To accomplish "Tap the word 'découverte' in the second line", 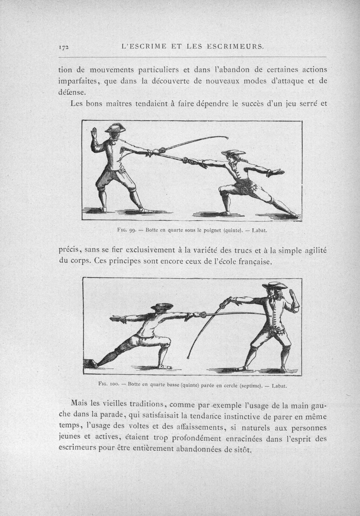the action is click(179, 81).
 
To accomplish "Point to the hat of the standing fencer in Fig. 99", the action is click(115, 128).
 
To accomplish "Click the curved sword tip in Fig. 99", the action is click(227, 138).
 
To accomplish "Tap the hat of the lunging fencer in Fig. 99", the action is click(233, 153).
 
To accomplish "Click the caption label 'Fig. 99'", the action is click(126, 230).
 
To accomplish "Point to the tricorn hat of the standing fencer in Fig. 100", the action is click(275, 286).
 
